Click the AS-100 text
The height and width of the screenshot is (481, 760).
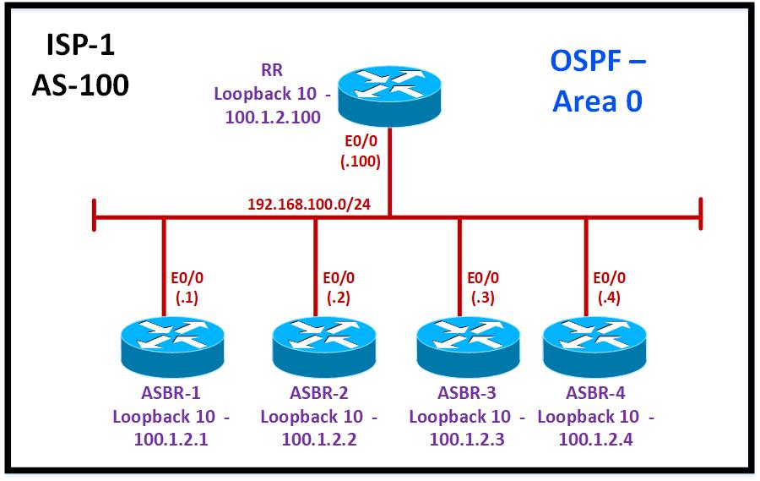click(80, 85)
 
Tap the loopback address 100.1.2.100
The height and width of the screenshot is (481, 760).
click(273, 118)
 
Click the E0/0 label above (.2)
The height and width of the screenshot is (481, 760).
click(339, 277)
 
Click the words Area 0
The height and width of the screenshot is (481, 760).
click(597, 101)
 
